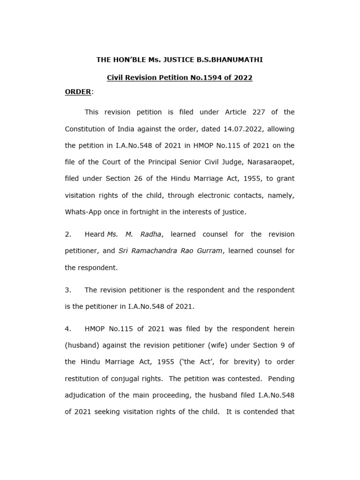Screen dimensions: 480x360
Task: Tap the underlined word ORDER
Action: pos(78,92)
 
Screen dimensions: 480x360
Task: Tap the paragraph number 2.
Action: pos(67,234)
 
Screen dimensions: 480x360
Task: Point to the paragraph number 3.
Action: pos(67,290)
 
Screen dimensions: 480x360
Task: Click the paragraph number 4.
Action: pos(67,329)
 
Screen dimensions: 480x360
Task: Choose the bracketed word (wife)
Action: pos(214,345)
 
